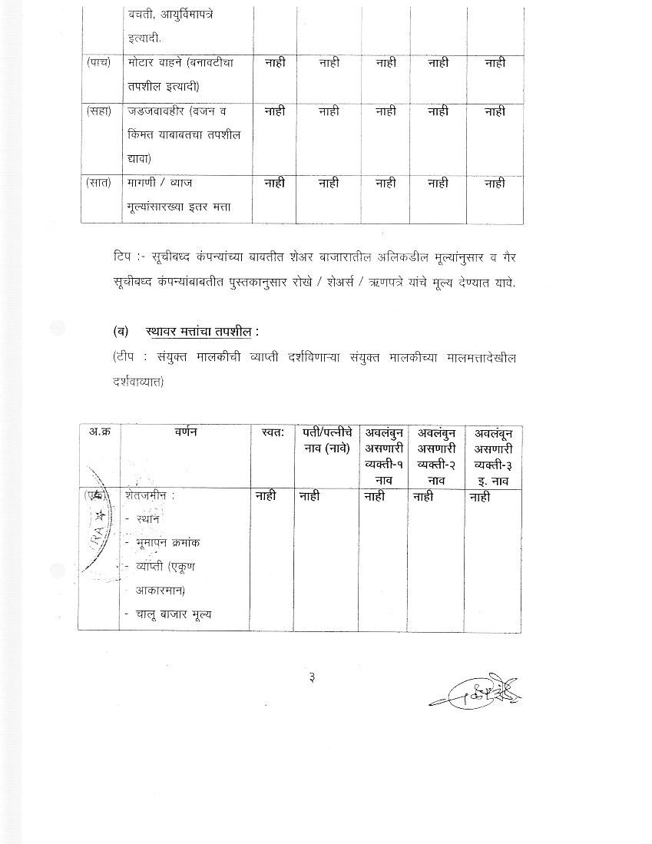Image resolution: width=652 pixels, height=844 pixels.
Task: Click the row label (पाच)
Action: click(99, 62)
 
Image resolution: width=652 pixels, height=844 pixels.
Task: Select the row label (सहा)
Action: click(100, 111)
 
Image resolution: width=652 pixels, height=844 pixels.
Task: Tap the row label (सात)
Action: click(100, 183)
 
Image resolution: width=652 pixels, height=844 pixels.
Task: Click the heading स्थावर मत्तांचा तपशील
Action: click(202, 332)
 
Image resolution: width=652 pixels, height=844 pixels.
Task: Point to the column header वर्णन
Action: click(186, 432)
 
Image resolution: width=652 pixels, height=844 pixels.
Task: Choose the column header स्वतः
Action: click(273, 432)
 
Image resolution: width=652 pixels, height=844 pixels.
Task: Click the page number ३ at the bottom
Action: click(313, 677)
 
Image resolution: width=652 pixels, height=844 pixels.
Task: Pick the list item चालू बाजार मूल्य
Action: click(174, 614)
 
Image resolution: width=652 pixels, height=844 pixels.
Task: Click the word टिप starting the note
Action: click(121, 253)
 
